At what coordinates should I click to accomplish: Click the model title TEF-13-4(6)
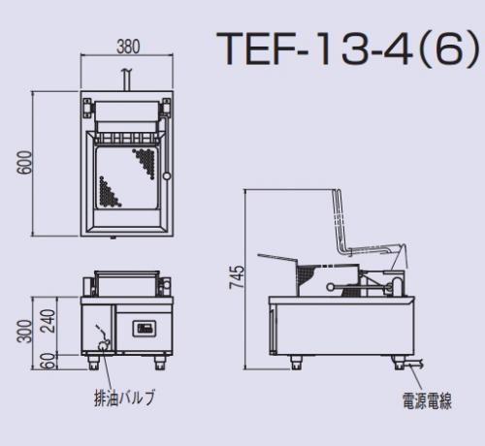348,48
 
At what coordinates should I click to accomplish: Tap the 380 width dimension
128,47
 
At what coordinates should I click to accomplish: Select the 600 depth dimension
25,163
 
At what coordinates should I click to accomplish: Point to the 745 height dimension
237,277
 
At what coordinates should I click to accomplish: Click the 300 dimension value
24,332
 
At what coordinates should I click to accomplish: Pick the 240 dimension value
48,321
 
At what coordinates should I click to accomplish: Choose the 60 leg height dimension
48,361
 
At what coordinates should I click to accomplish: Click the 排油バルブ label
124,398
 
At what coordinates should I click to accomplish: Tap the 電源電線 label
427,401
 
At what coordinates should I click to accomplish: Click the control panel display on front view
145,329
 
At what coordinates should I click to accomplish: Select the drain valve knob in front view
102,345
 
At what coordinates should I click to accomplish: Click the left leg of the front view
94,363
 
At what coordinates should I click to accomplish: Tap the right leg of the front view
159,363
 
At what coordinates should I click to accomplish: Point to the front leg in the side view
296,363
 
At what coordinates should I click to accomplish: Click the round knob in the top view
167,176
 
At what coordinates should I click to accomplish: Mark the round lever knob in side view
331,287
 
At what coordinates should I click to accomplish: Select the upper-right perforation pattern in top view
145,162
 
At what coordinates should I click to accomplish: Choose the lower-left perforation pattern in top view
109,192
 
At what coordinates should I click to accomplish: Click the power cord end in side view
421,364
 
